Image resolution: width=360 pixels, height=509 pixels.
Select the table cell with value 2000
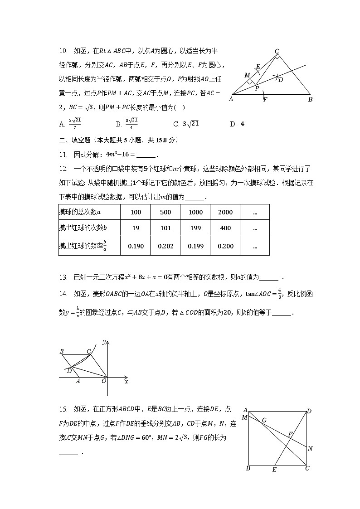pyautogui.click(x=225, y=212)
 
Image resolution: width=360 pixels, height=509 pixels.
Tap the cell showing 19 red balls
pyautogui.click(x=136, y=228)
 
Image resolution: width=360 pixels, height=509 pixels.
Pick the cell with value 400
pyautogui.click(x=225, y=228)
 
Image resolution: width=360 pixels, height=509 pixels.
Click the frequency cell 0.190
pyautogui.click(x=136, y=246)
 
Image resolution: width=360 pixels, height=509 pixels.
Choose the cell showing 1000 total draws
pyautogui.click(x=195, y=212)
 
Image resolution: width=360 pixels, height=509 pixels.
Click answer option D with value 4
pyautogui.click(x=239, y=124)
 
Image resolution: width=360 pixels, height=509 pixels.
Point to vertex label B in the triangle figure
pyautogui.click(x=310, y=99)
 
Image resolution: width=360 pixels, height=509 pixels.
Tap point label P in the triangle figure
pyautogui.click(x=257, y=89)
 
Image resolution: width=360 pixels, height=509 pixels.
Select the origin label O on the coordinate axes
pyautogui.click(x=104, y=382)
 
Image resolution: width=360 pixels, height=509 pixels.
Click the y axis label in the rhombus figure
pyautogui.click(x=104, y=342)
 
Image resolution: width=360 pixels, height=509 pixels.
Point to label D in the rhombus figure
pyautogui.click(x=68, y=371)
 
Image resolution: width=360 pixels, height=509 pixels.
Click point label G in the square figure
pyautogui.click(x=264, y=420)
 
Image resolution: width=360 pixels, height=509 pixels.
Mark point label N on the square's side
pyautogui.click(x=310, y=449)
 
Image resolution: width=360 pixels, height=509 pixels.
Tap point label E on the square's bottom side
pyautogui.click(x=274, y=470)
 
